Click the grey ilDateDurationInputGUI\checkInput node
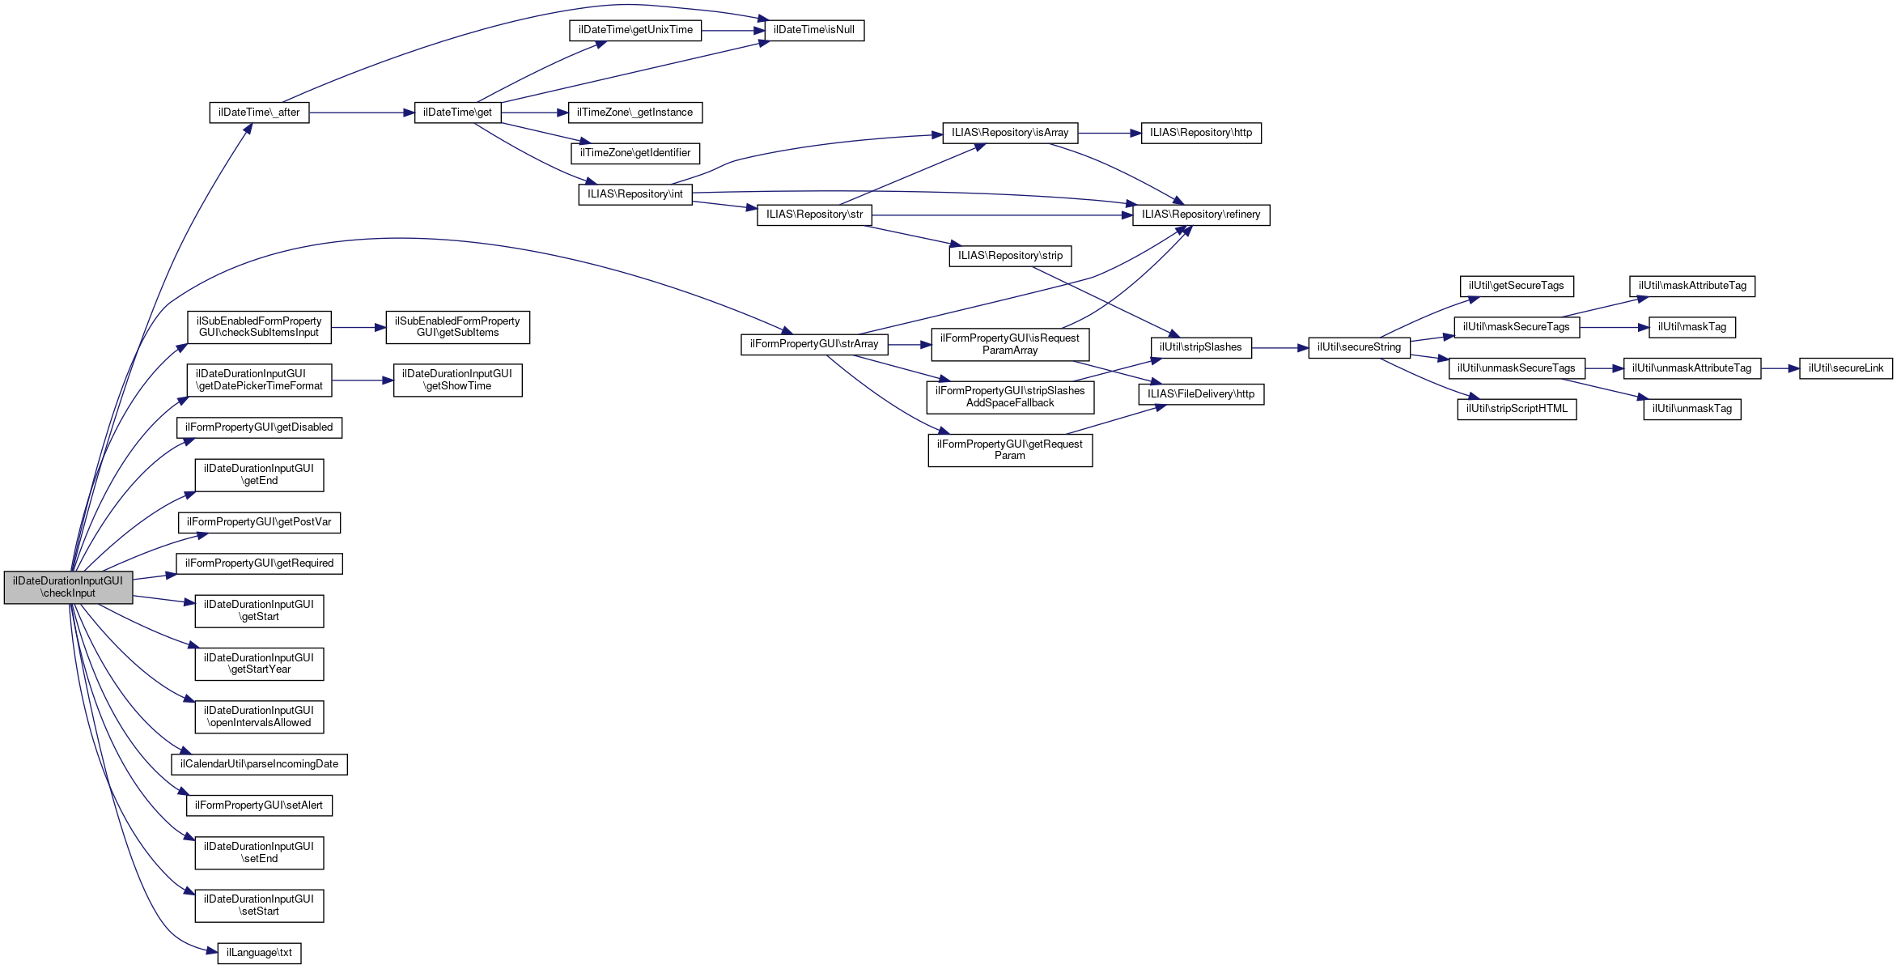point(68,587)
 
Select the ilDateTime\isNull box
point(813,30)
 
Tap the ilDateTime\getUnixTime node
point(635,30)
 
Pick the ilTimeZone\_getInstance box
point(635,113)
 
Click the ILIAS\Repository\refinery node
point(1201,215)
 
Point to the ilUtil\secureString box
point(1359,347)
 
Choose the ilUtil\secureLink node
point(1846,368)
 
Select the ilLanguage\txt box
point(259,953)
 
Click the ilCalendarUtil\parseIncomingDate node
point(259,764)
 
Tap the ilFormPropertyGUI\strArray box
point(814,344)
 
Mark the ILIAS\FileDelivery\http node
point(1201,394)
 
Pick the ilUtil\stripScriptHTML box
point(1517,409)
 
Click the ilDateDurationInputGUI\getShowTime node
point(457,380)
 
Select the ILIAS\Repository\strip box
point(1010,256)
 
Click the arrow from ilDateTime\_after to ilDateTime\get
point(361,113)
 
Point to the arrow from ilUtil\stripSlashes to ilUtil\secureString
point(1280,348)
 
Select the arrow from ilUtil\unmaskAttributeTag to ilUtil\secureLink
point(1780,368)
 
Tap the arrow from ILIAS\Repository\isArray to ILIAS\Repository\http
point(1109,133)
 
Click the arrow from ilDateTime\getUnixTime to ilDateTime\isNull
point(733,31)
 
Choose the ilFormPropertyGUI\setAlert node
point(259,805)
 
